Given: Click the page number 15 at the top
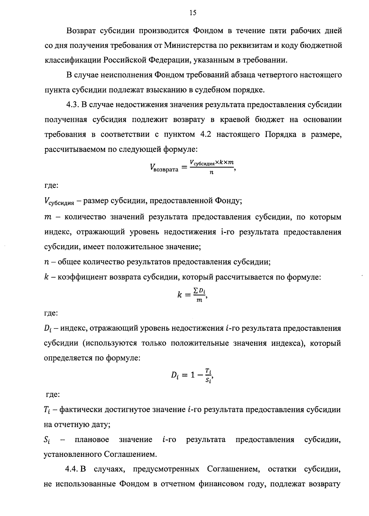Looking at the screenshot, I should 193,13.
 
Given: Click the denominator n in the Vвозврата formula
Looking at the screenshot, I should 212,173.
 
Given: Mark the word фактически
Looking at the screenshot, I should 80,410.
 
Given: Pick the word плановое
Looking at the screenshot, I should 92,440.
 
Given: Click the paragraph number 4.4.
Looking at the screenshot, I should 73,469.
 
